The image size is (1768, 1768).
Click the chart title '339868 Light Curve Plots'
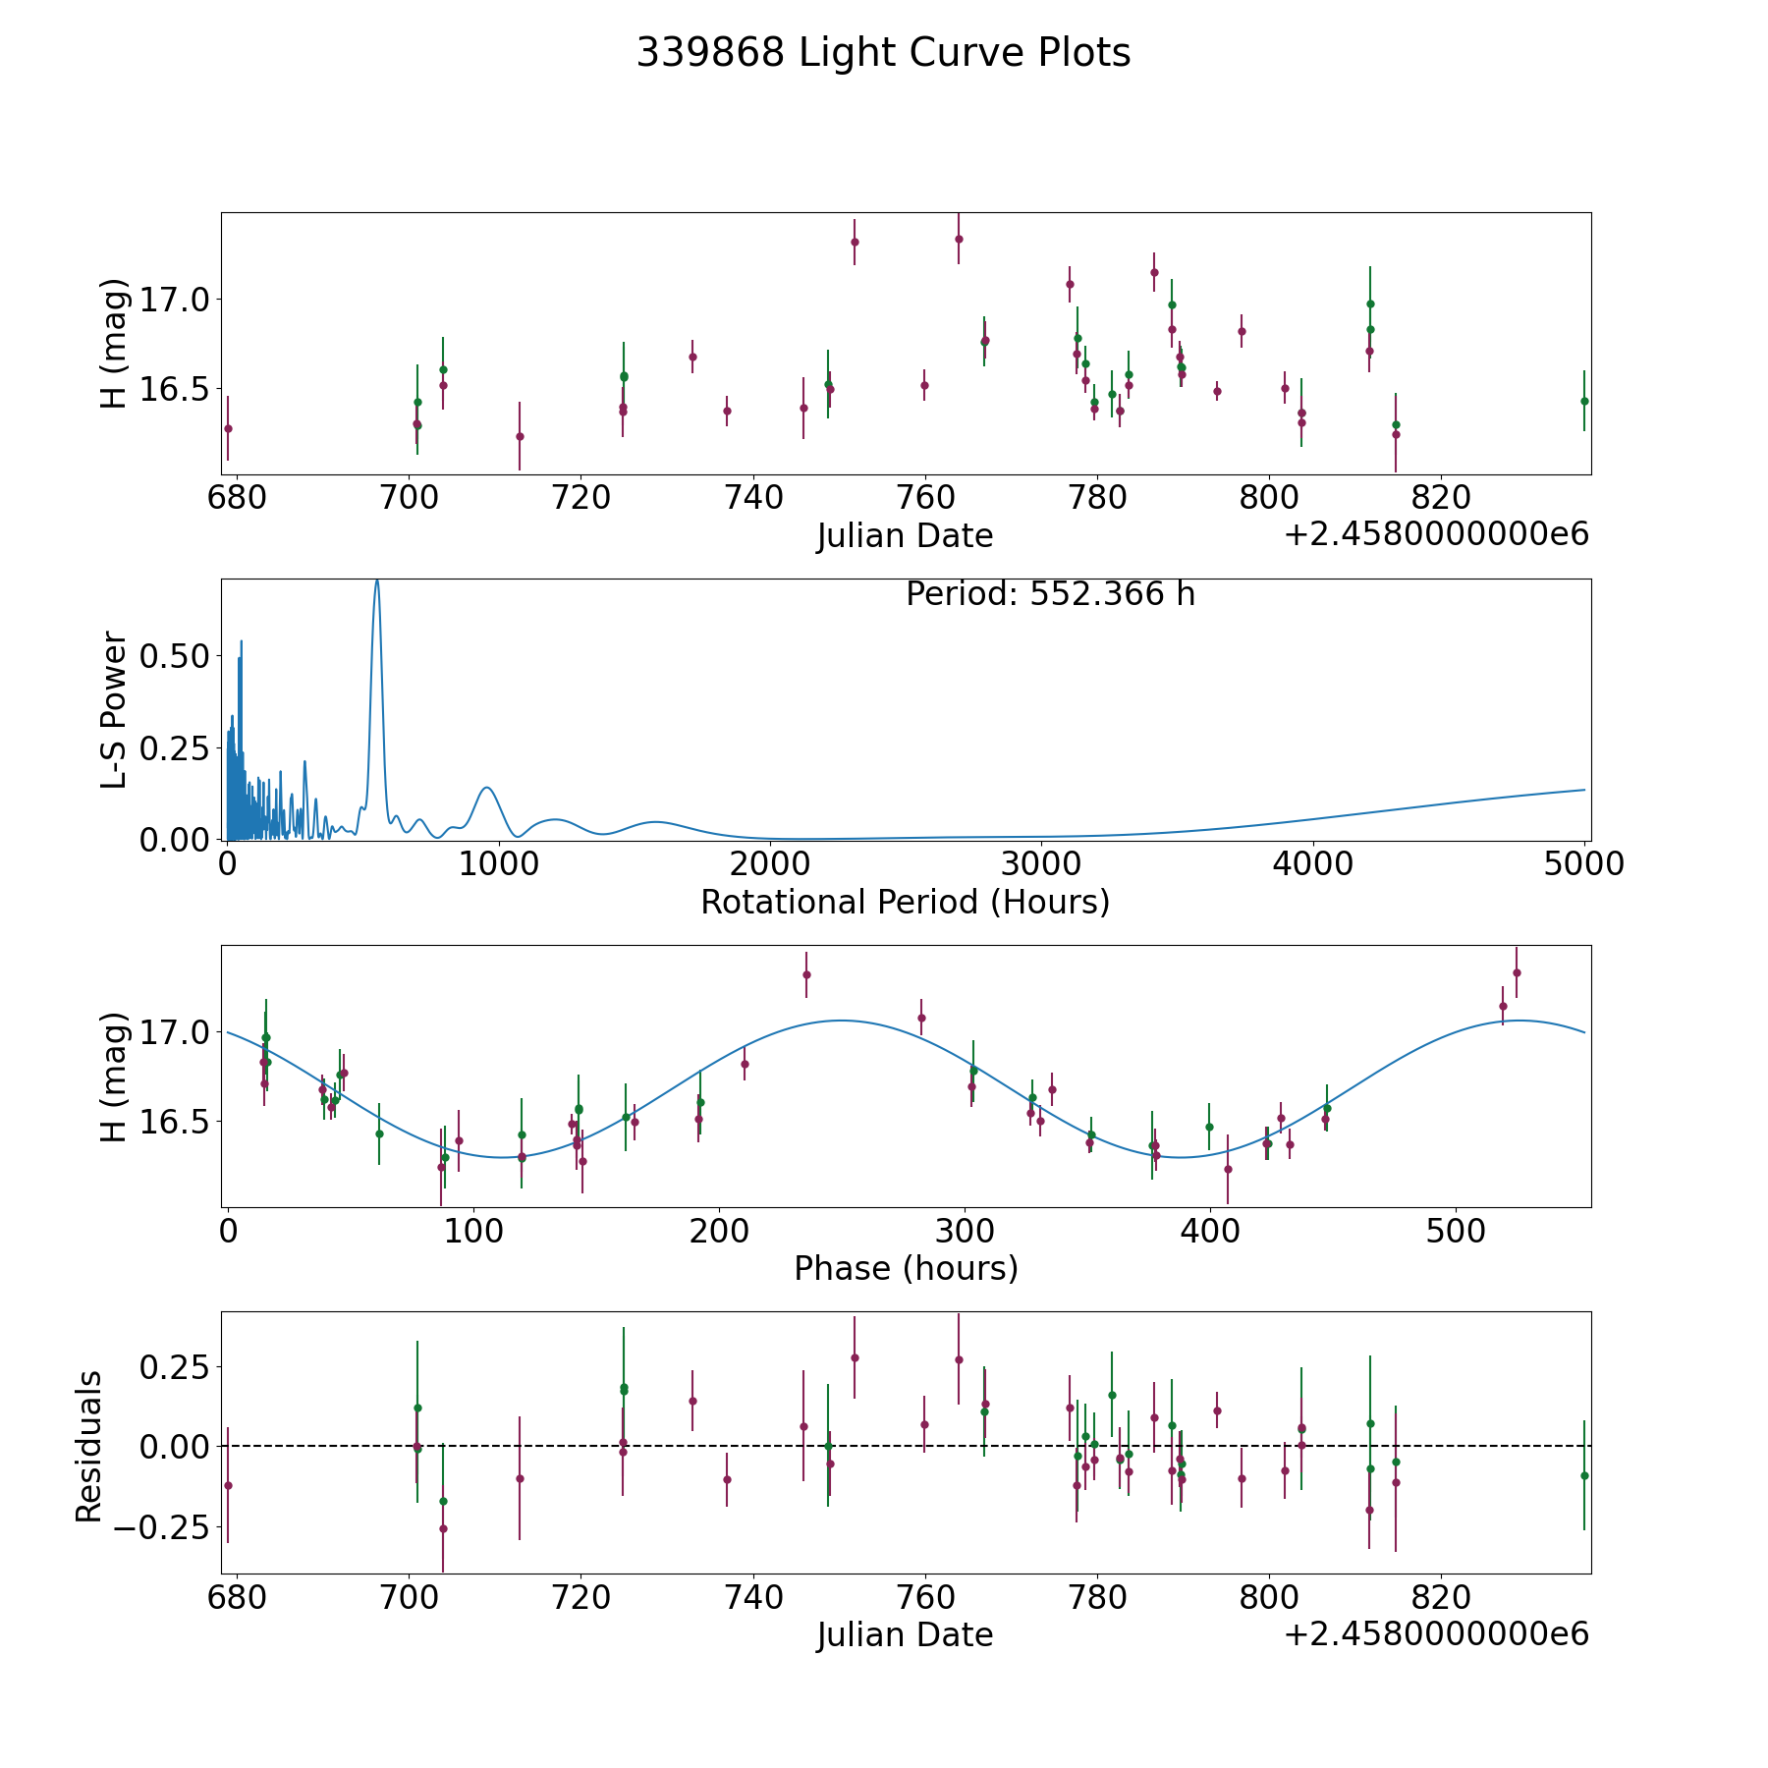click(883, 53)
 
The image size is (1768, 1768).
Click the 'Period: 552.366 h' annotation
click(1050, 594)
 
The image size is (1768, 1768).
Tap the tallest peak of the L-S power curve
click(376, 581)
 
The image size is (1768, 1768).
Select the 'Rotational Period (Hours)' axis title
click(905, 902)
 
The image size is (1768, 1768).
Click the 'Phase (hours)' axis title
click(906, 1268)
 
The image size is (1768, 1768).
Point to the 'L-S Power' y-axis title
click(115, 709)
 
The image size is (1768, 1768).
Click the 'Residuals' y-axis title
click(89, 1446)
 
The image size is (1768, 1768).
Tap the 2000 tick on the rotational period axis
click(770, 863)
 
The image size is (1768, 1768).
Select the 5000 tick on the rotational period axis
click(1584, 863)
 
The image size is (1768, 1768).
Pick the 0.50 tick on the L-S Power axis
click(175, 656)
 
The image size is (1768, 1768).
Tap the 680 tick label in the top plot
click(237, 497)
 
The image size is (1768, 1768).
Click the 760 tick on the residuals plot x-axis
click(924, 1597)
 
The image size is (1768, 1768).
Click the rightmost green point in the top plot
click(1583, 401)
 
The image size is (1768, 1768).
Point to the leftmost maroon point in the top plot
click(228, 428)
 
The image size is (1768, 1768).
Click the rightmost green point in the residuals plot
click(1583, 1475)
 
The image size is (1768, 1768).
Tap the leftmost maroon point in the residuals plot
click(228, 1485)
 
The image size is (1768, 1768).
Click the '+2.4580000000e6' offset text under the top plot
click(1436, 534)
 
